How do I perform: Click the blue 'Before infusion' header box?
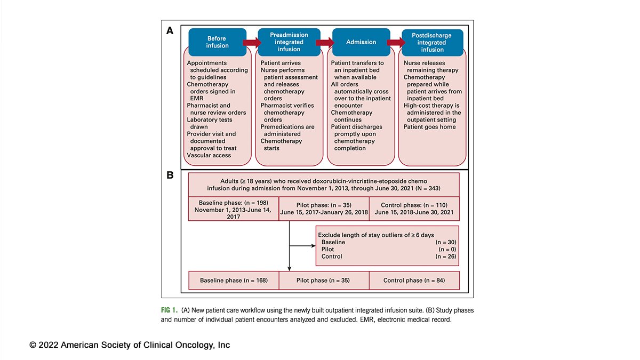[x=217, y=42]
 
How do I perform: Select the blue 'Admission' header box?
[x=361, y=42]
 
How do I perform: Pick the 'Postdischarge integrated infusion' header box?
[x=432, y=42]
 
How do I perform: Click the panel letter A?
[x=170, y=31]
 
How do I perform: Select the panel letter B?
[x=170, y=175]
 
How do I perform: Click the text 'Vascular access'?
[x=209, y=155]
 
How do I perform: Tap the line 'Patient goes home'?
[x=429, y=127]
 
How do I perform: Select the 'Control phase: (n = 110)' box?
[x=414, y=209]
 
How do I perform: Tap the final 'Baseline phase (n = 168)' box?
[x=234, y=280]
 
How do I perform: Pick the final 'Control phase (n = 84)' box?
[x=414, y=280]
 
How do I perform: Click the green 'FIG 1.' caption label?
[x=170, y=310]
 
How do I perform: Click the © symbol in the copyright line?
[x=33, y=345]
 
